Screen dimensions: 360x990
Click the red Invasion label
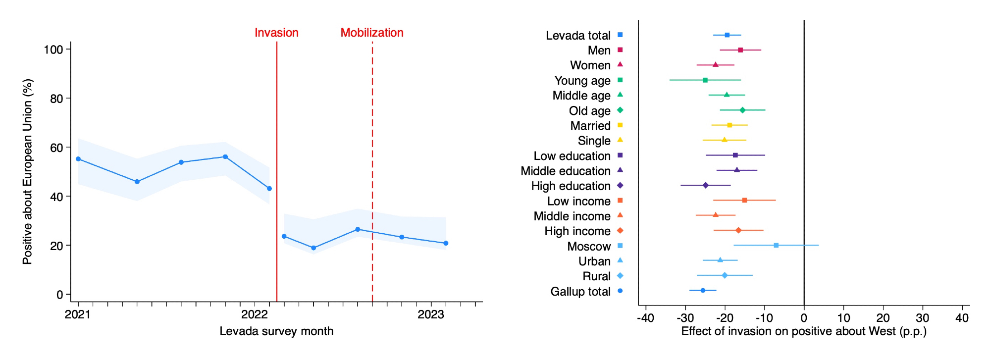point(276,33)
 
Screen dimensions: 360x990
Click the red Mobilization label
point(372,33)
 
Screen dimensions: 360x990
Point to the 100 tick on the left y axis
point(53,50)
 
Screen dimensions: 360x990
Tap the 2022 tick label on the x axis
point(254,314)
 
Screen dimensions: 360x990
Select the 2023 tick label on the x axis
point(430,314)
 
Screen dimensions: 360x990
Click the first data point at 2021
point(78,159)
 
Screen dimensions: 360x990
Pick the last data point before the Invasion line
point(269,189)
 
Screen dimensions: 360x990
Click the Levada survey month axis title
point(276,331)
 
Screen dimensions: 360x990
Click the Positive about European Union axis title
point(27,171)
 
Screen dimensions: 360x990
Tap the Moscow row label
point(589,247)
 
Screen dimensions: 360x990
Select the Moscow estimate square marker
point(776,246)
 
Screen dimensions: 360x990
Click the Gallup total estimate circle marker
point(703,291)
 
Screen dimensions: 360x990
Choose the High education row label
point(571,186)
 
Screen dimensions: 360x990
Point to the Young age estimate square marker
point(705,80)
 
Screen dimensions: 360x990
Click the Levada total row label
point(578,36)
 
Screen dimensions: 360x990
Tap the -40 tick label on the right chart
point(645,318)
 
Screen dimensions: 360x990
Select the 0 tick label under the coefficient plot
point(804,318)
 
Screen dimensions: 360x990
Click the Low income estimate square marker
point(744,201)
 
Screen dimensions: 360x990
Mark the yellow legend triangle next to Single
point(620,140)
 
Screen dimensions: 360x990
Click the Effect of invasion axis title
point(804,331)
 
